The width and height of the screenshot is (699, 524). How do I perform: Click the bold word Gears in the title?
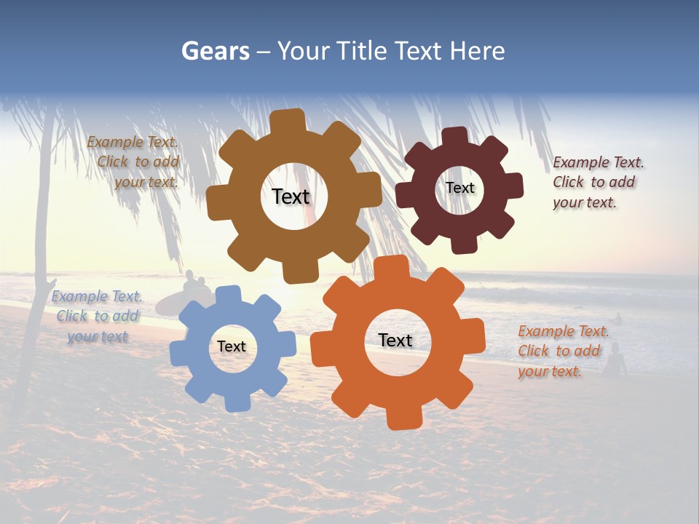pyautogui.click(x=215, y=51)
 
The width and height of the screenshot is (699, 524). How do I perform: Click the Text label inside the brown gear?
pyautogui.click(x=291, y=196)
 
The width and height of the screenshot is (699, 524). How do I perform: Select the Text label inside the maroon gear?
pyautogui.click(x=459, y=188)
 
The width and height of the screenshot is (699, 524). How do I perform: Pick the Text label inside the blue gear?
pyautogui.click(x=232, y=346)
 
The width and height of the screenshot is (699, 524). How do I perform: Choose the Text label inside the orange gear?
pyautogui.click(x=395, y=340)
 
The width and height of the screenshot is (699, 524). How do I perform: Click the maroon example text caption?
pyautogui.click(x=597, y=182)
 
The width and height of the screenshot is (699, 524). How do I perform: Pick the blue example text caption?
pyautogui.click(x=98, y=316)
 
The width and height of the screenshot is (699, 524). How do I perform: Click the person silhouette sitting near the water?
pyautogui.click(x=616, y=360)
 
